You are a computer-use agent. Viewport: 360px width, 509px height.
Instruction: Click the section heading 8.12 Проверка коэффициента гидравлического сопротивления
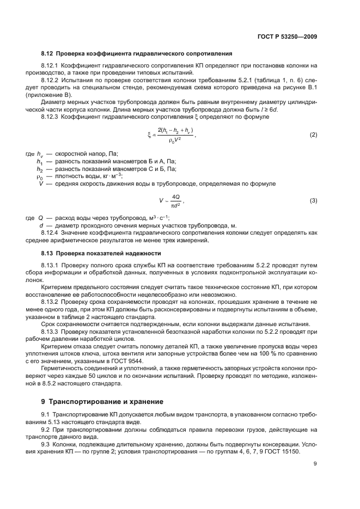(x=137, y=54)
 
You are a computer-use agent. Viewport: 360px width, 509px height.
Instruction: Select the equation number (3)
(x=313, y=201)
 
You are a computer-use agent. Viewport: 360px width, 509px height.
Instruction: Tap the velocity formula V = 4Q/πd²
(x=170, y=201)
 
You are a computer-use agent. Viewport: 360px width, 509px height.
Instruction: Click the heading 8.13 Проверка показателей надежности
(x=101, y=254)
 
